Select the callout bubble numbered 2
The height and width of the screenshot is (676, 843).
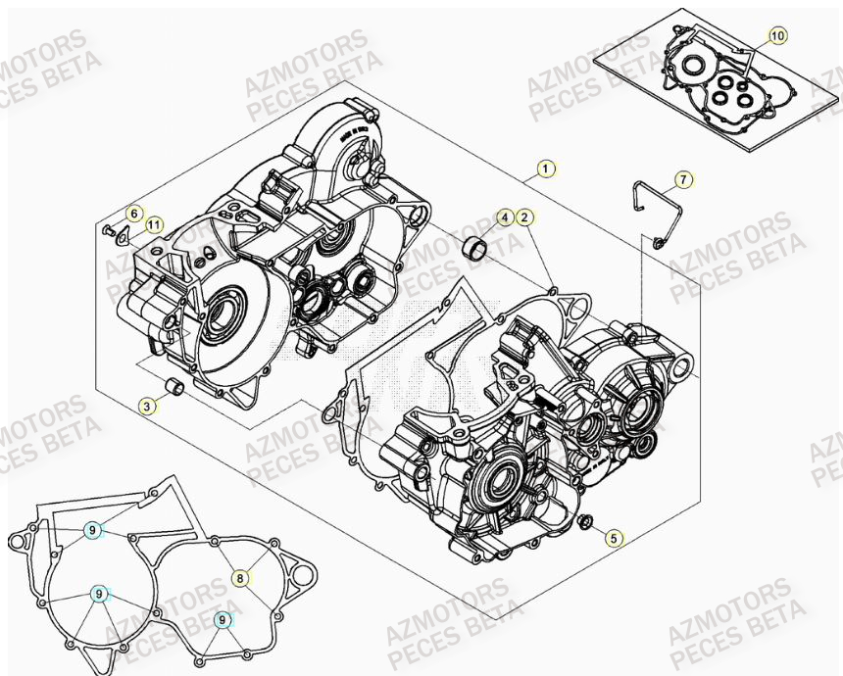(x=525, y=217)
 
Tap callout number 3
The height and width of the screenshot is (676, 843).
(x=147, y=406)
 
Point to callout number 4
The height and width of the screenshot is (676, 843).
(x=504, y=217)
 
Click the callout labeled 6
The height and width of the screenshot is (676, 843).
(x=135, y=214)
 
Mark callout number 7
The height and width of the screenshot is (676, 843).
(x=683, y=179)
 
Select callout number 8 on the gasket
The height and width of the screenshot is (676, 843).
(x=240, y=578)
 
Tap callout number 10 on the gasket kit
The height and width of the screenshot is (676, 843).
(x=777, y=36)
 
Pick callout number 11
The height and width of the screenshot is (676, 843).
(x=153, y=225)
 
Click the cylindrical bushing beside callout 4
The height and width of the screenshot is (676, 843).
(x=477, y=249)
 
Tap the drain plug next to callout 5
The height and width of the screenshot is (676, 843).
(x=586, y=520)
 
